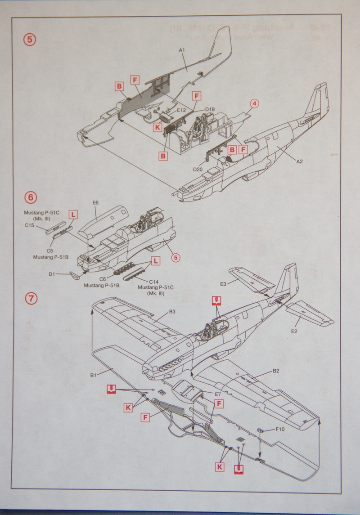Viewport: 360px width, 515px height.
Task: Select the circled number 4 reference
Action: point(254,104)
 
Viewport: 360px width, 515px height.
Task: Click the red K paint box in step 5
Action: point(157,127)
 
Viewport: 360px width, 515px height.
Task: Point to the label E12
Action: point(182,110)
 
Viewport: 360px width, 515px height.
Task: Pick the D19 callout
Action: point(210,109)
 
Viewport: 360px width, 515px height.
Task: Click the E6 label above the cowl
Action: point(95,203)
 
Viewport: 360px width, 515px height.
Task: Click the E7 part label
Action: point(217,394)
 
